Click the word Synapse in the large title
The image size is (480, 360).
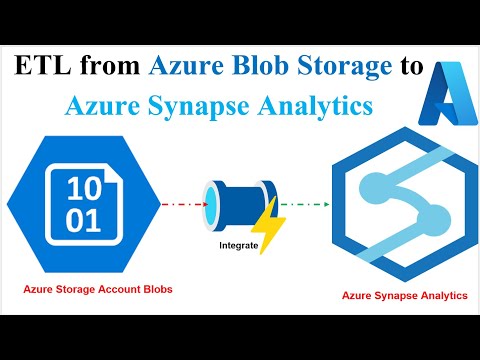tap(209, 104)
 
